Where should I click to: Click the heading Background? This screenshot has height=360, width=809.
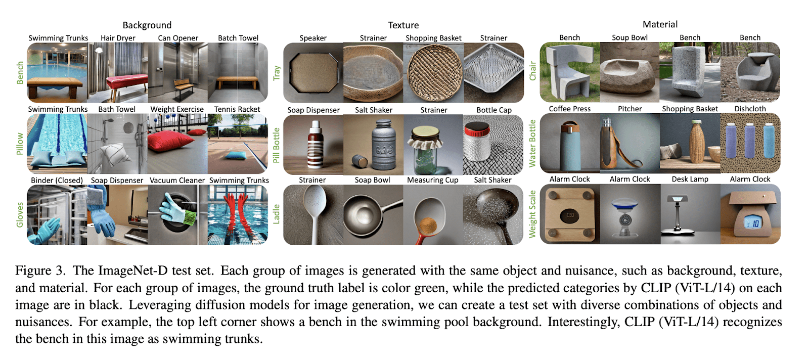pyautogui.click(x=147, y=25)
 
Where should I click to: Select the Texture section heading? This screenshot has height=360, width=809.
pyautogui.click(x=403, y=25)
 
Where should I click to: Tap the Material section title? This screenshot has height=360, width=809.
pyautogui.click(x=660, y=24)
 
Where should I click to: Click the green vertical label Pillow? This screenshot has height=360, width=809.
pyautogui.click(x=20, y=144)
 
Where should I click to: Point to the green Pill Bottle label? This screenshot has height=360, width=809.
pyautogui.click(x=276, y=145)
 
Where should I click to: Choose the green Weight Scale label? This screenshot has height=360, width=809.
pyautogui.click(x=532, y=214)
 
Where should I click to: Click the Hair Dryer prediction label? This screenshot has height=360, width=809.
pyautogui.click(x=118, y=38)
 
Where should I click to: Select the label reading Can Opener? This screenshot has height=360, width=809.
pyautogui.click(x=178, y=38)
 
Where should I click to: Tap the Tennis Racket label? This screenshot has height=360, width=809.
pyautogui.click(x=237, y=109)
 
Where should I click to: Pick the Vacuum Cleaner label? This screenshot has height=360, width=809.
pyautogui.click(x=177, y=181)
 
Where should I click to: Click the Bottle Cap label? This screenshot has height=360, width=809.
pyautogui.click(x=493, y=110)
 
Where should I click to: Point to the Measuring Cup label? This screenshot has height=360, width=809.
pyautogui.click(x=432, y=180)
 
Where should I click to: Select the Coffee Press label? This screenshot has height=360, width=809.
pyautogui.click(x=569, y=109)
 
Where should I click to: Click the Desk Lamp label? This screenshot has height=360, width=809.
pyautogui.click(x=690, y=179)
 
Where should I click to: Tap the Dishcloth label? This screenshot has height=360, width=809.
pyautogui.click(x=750, y=109)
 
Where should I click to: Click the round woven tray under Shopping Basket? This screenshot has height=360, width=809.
pyautogui.click(x=434, y=73)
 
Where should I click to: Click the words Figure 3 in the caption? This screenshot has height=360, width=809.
pyautogui.click(x=40, y=271)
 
